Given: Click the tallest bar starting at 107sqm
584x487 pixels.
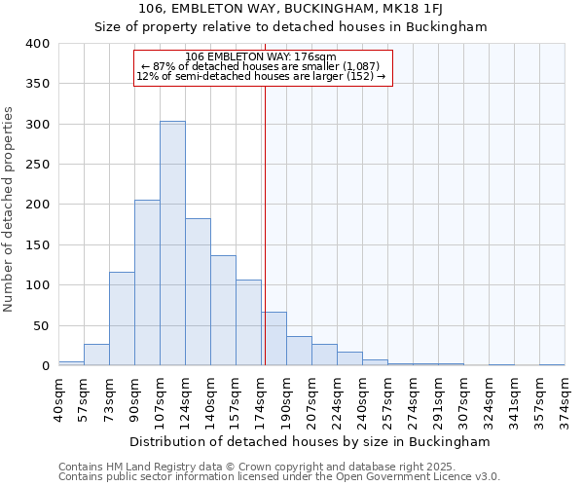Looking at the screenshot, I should (172, 243).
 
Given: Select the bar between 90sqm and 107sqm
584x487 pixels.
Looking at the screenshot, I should (147, 282).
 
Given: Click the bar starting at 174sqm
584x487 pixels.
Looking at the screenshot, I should (274, 339).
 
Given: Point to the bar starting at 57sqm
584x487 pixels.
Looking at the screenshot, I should (96, 356).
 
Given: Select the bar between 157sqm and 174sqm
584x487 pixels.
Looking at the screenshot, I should (248, 322).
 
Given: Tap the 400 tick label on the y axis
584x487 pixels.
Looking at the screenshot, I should (38, 44).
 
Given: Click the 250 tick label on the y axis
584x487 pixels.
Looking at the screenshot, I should (38, 165).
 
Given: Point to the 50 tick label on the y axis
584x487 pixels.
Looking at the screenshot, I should (42, 325).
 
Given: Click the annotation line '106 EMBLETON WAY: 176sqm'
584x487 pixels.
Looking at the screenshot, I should (261, 56).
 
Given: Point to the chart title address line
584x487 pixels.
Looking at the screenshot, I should (290, 10).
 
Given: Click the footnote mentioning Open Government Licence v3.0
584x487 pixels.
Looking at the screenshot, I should (279, 476).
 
